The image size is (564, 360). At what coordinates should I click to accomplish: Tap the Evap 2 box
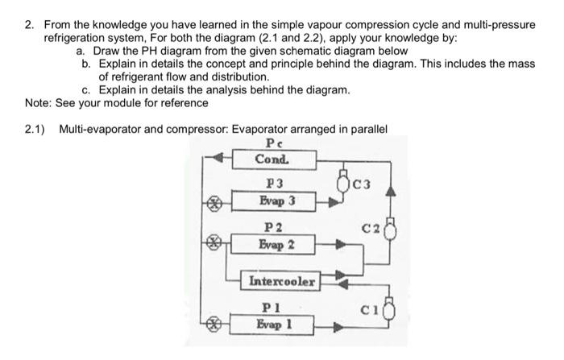click(x=276, y=244)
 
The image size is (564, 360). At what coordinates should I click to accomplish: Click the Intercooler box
click(x=282, y=282)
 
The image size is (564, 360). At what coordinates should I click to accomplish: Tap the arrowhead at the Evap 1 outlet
click(x=330, y=327)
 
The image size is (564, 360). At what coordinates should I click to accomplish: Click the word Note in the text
click(x=37, y=103)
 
